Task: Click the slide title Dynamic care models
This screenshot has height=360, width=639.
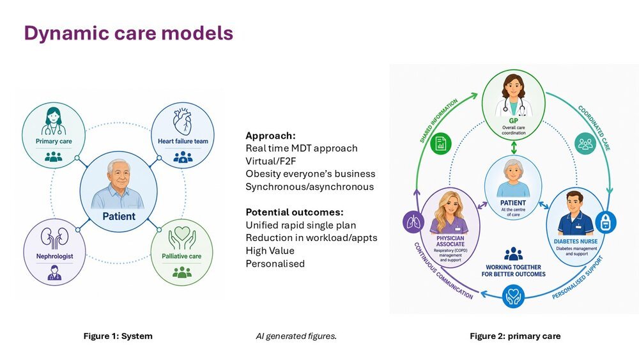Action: [128, 33]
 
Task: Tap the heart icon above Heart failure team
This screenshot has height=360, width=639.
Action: [182, 121]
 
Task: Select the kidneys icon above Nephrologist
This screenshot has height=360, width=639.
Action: [54, 238]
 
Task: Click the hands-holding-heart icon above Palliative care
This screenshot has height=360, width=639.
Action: [181, 238]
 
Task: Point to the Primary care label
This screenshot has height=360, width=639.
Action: [54, 141]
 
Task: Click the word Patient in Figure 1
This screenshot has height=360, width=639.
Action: [119, 216]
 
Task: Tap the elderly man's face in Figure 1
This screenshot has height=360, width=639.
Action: [119, 174]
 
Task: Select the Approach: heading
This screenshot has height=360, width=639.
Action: [270, 136]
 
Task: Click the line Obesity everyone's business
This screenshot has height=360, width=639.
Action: [311, 174]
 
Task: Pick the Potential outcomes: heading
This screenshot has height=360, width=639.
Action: [295, 212]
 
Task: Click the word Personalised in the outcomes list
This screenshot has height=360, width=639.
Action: [275, 263]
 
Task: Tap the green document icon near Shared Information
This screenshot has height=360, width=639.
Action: [441, 143]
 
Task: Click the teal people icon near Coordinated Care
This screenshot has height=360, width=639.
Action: [585, 143]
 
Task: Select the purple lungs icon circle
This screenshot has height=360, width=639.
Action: [413, 222]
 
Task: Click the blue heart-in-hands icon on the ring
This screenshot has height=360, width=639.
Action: [513, 297]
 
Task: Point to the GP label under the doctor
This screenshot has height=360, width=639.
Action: [514, 121]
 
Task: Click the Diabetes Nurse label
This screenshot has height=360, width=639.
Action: [576, 241]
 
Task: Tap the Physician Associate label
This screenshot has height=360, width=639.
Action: [450, 241]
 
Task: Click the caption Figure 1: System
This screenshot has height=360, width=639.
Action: [118, 336]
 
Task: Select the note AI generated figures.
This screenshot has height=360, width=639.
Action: [296, 336]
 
